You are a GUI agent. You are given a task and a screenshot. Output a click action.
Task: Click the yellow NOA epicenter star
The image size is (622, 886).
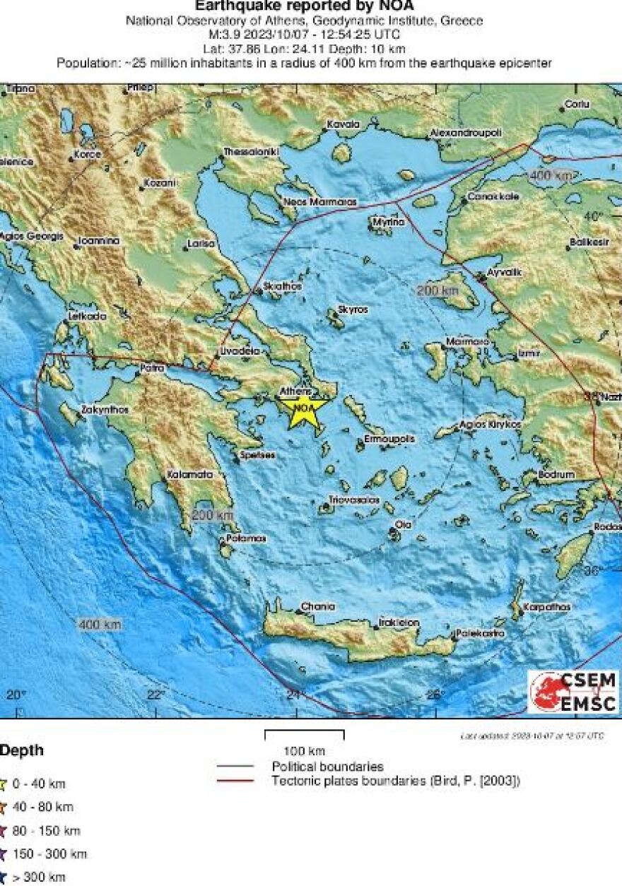point(303,408)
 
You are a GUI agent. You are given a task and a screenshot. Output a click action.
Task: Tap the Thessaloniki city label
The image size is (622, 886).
point(252,152)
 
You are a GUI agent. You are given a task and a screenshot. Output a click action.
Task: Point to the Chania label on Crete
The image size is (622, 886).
point(317,606)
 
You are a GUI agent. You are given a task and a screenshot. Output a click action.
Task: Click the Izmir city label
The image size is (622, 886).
point(529,352)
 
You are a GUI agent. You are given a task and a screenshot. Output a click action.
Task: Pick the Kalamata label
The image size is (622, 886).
point(189,476)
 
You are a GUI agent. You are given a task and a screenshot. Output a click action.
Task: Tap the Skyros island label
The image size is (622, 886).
point(353,310)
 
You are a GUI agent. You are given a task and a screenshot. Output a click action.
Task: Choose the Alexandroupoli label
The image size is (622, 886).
point(466,133)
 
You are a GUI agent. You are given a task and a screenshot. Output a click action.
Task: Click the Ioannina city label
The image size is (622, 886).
point(99,241)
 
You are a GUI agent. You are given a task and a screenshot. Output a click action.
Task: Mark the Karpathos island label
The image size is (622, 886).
point(546,607)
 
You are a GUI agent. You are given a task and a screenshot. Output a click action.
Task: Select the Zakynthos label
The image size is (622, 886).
point(105,409)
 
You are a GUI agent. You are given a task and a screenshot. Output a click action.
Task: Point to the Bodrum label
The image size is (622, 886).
point(556,475)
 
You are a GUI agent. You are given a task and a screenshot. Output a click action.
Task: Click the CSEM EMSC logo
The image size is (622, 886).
point(573,692)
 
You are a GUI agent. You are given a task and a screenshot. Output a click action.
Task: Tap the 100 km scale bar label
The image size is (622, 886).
point(304,750)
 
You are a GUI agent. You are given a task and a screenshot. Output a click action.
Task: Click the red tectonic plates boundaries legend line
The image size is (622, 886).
point(235,781)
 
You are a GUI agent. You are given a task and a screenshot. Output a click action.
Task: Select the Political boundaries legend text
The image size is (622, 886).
point(327,767)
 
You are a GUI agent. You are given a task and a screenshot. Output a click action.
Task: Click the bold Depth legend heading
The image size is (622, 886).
point(21,750)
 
